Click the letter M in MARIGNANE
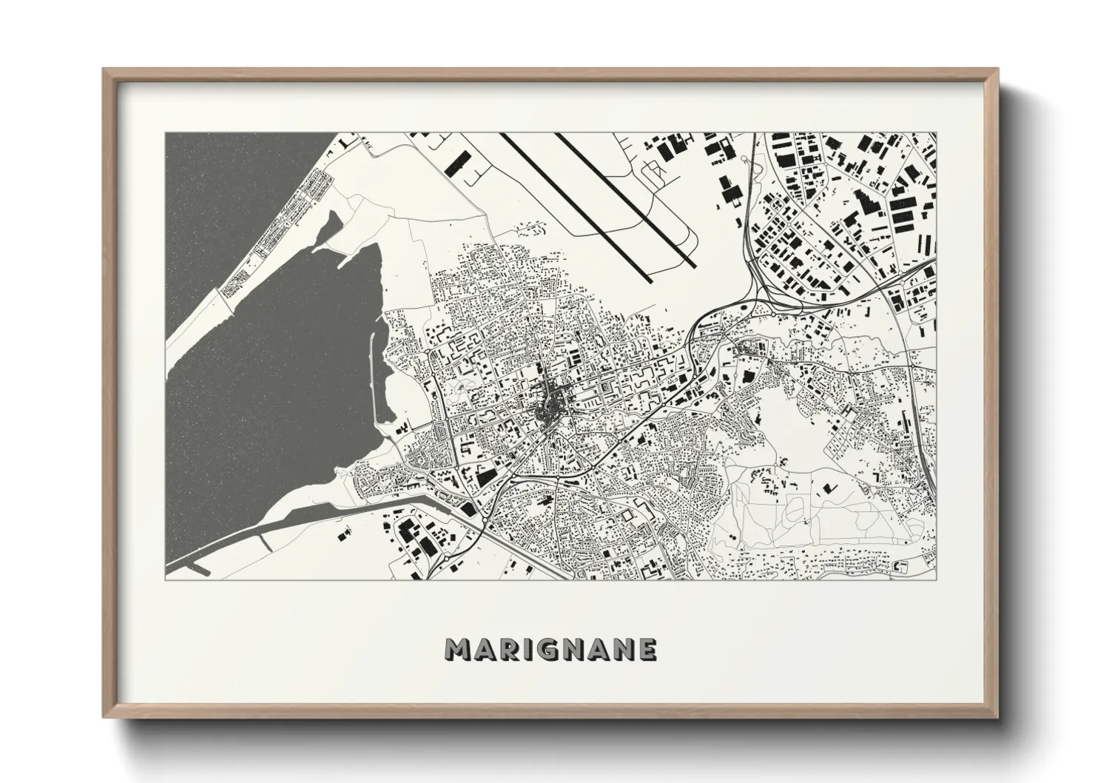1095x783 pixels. tap(457, 650)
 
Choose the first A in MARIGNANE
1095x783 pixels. tap(482, 650)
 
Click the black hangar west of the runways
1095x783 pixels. tap(459, 161)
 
